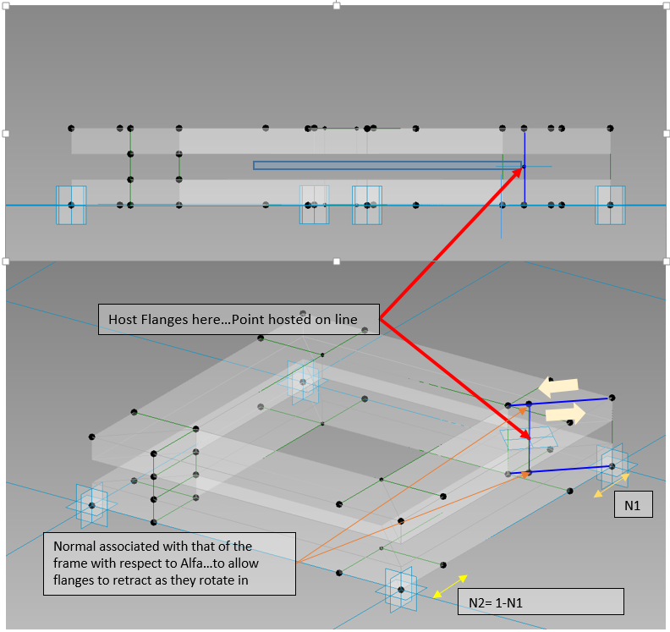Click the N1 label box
[x=633, y=506]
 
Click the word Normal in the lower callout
[x=74, y=546]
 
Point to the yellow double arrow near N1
[x=610, y=485]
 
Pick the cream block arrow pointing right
[x=566, y=414]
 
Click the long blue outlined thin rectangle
[x=387, y=165]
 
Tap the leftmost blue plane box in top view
[x=71, y=205]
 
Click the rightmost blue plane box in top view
[x=610, y=206]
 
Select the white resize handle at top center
[x=337, y=5]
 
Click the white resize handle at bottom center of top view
[x=337, y=261]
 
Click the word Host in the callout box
[x=124, y=319]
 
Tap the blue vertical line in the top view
[x=524, y=169]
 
